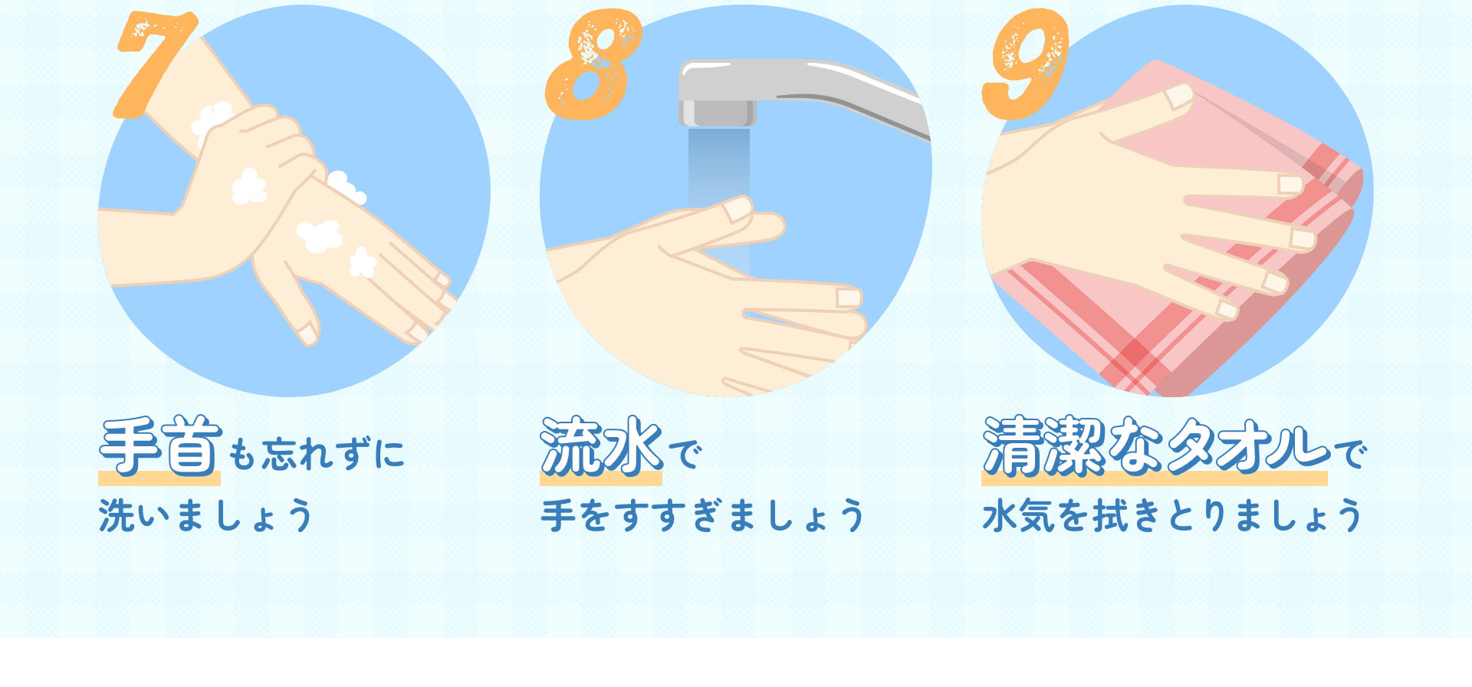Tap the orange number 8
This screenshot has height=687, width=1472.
593,65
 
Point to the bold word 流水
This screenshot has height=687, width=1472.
601,446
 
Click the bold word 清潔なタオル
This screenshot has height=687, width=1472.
1155,446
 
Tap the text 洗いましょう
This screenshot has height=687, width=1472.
205,515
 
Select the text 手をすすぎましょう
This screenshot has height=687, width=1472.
702,515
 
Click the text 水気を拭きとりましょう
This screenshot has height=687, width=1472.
1171,515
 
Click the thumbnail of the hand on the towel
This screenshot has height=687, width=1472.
1178,97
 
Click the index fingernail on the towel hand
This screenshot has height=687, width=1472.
1290,184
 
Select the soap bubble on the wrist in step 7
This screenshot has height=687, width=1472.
212,119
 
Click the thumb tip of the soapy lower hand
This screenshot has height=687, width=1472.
307,334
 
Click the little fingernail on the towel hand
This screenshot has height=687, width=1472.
1227,310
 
